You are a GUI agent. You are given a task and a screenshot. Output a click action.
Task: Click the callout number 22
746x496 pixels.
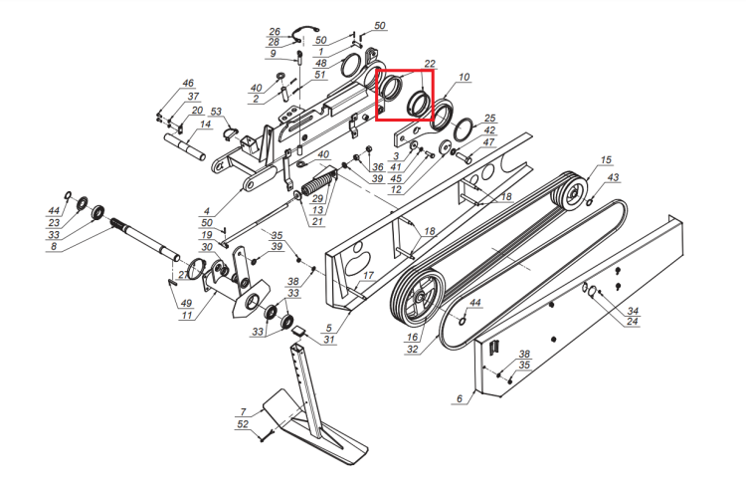[x=430, y=64]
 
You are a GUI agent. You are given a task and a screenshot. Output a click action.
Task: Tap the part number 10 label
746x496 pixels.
[x=464, y=77]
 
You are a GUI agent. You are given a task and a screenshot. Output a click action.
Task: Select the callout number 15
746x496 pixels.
[x=606, y=160]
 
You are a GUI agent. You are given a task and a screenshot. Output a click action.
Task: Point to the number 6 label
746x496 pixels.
[x=460, y=398]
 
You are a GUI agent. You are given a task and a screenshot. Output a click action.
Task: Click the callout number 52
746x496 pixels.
[x=243, y=424]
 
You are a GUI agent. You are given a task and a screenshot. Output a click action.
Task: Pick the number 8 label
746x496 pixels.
[x=54, y=246]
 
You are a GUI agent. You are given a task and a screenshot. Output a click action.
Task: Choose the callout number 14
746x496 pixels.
[x=205, y=124]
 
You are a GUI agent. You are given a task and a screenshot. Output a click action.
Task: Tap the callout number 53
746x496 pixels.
[x=216, y=112]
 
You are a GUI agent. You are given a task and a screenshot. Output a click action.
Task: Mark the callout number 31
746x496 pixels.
[x=329, y=340]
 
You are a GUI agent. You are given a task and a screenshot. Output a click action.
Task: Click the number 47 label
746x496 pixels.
[x=488, y=142]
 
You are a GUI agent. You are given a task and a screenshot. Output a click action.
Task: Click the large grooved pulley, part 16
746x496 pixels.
[x=418, y=297]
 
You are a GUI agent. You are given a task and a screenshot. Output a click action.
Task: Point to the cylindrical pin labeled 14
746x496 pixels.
[x=185, y=147]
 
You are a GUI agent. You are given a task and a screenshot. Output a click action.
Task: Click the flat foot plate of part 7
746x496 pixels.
[x=315, y=426]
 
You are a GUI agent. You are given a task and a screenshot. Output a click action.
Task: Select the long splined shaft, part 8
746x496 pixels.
[x=145, y=239]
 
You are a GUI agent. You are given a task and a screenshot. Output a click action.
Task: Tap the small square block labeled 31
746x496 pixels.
[x=299, y=331]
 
